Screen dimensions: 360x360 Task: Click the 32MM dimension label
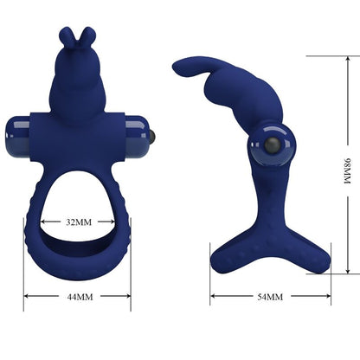(x=79, y=222)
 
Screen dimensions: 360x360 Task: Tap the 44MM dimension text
(x=78, y=296)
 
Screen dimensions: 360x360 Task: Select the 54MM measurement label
(x=270, y=298)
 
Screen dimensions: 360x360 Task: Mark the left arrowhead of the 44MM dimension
(x=27, y=296)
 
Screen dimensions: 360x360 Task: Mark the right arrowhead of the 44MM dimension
(x=128, y=296)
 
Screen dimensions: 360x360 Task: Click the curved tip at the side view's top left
(x=178, y=65)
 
